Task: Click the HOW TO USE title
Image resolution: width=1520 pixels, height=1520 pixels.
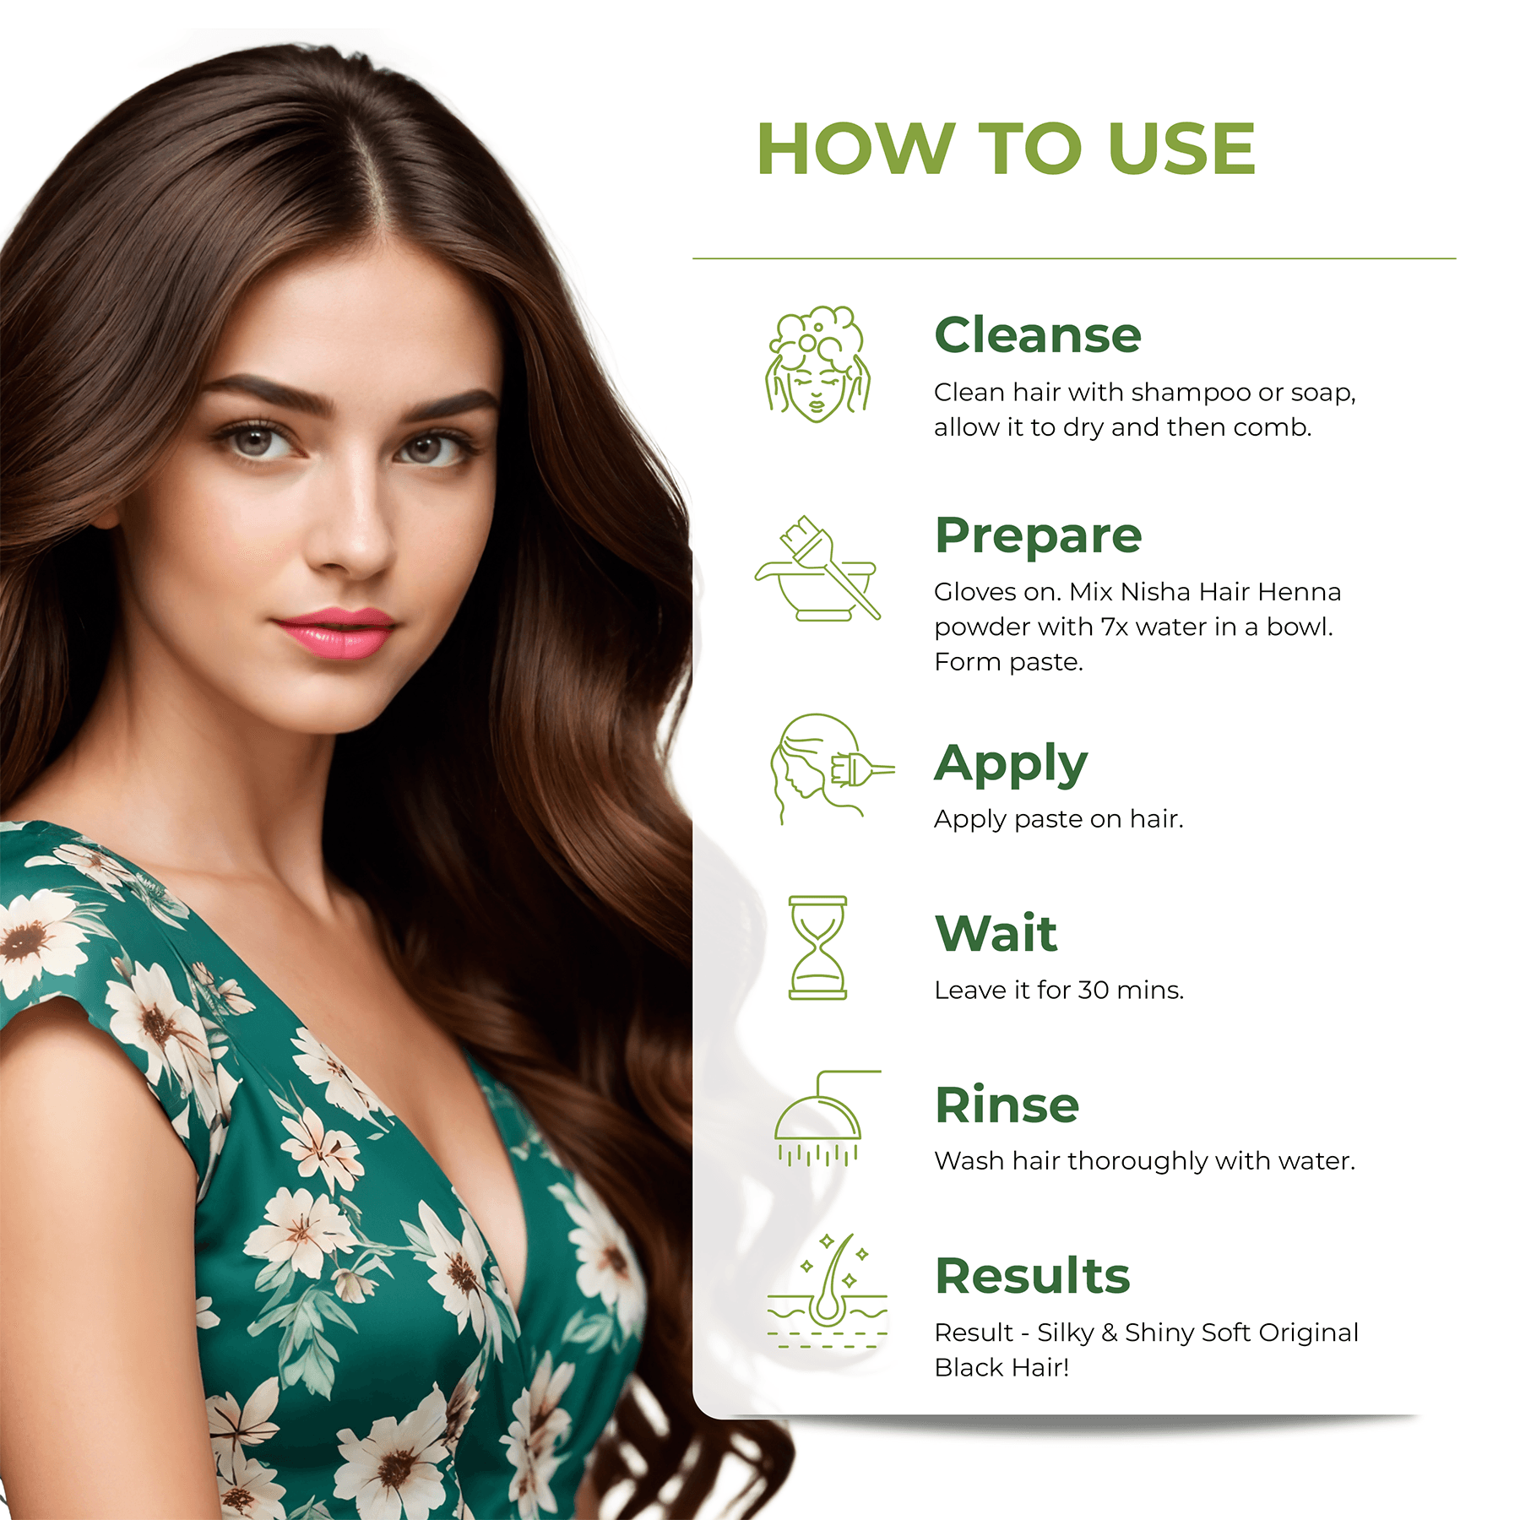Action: [x=1005, y=149]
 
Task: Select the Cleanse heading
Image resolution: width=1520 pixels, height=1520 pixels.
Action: [x=1037, y=334]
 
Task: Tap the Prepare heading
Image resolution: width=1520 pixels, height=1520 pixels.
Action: [x=1038, y=535]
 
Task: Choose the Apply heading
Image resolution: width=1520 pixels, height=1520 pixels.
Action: [x=1010, y=764]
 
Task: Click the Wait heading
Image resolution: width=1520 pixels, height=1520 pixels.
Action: [x=996, y=933]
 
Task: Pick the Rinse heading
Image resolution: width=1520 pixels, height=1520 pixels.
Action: [x=1007, y=1105]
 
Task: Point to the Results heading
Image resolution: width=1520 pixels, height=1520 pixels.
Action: [x=1032, y=1275]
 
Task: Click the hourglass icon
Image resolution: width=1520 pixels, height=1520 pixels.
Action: [x=817, y=947]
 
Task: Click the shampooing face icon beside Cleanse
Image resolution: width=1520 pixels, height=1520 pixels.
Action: [x=817, y=365]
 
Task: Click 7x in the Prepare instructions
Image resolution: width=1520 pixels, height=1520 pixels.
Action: [x=1114, y=627]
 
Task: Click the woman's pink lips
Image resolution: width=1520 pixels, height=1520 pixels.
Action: [x=336, y=632]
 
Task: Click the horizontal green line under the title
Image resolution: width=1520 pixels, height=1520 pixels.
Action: [x=1073, y=258]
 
